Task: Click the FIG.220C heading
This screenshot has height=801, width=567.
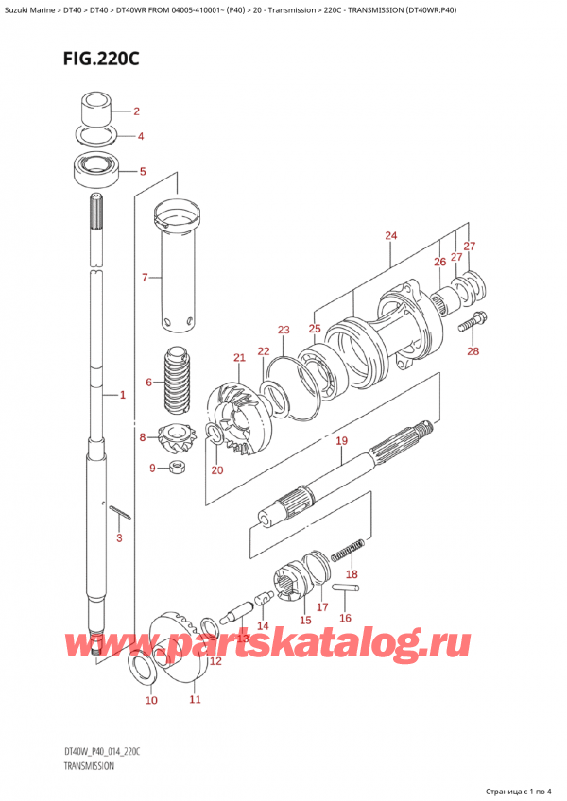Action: pyautogui.click(x=101, y=60)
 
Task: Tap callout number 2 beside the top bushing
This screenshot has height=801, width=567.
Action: pyautogui.click(x=136, y=111)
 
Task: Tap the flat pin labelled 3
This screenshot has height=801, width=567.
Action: pyautogui.click(x=120, y=512)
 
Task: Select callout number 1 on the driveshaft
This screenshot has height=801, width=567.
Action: pyautogui.click(x=122, y=395)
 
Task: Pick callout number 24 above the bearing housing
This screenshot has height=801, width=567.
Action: pyautogui.click(x=391, y=235)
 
